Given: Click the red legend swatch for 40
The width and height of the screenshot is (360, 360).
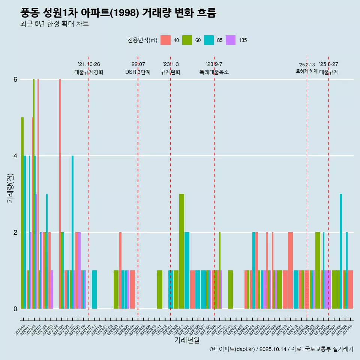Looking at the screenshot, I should (165, 40).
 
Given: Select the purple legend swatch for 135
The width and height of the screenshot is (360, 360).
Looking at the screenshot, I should (231, 40).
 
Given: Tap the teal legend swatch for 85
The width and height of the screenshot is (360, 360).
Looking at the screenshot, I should (209, 40).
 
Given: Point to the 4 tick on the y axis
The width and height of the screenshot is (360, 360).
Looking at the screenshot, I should (15, 156).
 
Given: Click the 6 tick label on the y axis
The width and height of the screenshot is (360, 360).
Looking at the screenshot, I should (15, 79).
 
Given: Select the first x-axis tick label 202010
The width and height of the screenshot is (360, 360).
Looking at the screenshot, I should (20, 331).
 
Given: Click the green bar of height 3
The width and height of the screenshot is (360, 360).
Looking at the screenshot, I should (181, 251).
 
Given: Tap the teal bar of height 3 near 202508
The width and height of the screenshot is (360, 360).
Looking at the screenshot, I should (341, 251).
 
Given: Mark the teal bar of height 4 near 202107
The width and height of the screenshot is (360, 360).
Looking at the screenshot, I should (72, 232).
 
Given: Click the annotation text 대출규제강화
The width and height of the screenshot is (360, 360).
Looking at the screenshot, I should (89, 72).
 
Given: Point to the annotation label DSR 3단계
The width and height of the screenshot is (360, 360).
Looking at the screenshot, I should (138, 72).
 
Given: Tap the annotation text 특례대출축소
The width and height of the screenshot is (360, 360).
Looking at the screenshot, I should (214, 72).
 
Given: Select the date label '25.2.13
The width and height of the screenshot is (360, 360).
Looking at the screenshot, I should (306, 65).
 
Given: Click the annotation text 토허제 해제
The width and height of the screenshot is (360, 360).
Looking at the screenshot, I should (306, 71).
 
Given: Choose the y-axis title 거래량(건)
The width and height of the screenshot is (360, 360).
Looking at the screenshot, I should (10, 187).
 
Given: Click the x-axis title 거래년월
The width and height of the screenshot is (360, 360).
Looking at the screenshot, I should (187, 340).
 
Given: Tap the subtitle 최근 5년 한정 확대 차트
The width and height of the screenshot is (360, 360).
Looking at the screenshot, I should (54, 24).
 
